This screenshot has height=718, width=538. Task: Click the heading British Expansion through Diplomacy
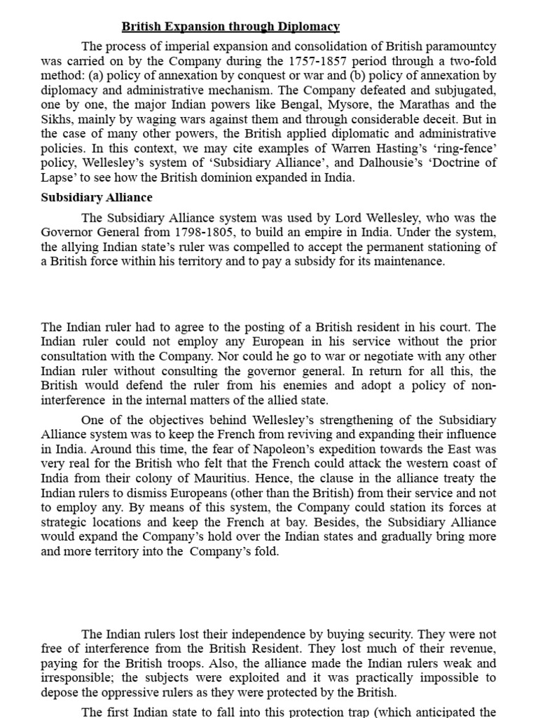pyautogui.click(x=230, y=27)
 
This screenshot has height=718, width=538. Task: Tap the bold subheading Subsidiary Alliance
pyautogui.click(x=97, y=197)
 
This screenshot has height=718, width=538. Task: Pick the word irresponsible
pyautogui.click(x=81, y=678)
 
